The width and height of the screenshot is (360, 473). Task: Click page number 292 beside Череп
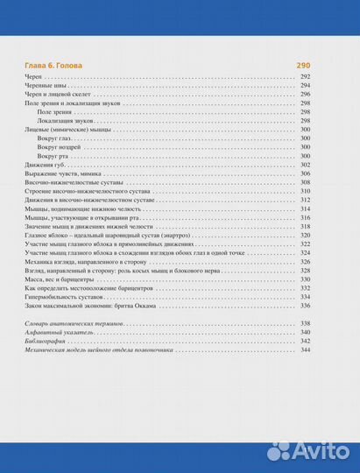coord(305,78)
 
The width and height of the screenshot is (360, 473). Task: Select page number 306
coord(305,173)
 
